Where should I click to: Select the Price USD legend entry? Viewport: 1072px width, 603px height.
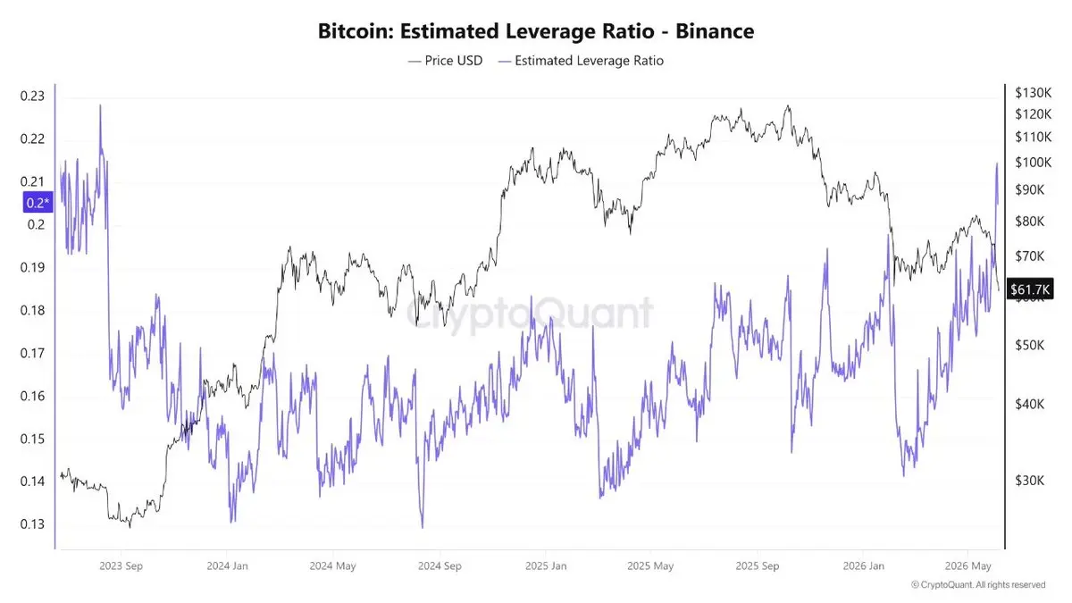446,61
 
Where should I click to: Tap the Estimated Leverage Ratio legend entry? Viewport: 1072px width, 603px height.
581,61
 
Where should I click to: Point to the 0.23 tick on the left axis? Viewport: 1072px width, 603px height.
32,96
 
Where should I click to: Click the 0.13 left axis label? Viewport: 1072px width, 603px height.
32,524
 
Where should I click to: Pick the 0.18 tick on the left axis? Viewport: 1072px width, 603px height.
32,310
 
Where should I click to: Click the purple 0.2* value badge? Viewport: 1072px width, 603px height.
38,203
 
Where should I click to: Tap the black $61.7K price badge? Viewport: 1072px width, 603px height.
1030,289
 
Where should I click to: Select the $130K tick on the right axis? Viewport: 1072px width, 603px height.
1034,92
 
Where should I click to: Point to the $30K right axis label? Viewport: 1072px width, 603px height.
1029,480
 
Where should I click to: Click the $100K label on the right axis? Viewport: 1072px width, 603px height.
1034,163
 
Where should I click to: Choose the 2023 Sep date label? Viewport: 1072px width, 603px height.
121,565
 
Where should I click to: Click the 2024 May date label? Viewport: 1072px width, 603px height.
332,565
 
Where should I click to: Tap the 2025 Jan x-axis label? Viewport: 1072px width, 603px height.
546,565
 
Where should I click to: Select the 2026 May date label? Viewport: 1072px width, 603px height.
967,565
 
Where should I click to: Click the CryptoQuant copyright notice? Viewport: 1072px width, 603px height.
977,585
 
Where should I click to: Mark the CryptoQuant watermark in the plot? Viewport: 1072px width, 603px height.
530,314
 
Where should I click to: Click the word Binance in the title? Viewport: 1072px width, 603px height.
715,31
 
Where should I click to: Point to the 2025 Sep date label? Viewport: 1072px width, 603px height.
758,565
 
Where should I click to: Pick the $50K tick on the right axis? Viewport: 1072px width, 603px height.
1029,345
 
